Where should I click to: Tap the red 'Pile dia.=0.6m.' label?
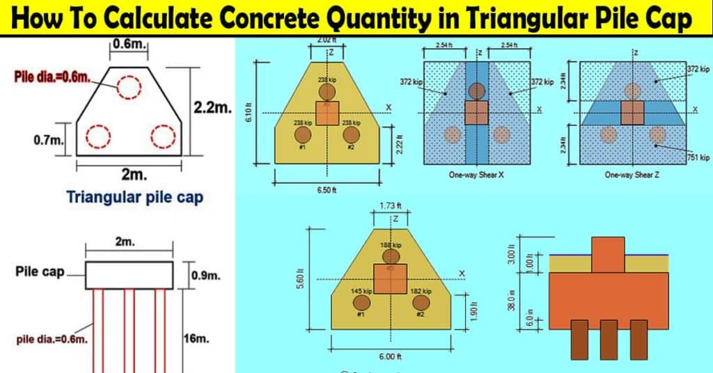[x=53, y=74]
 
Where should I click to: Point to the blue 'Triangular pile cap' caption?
[x=135, y=197]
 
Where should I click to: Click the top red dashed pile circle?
[x=129, y=87]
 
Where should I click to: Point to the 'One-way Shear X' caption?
[x=477, y=175]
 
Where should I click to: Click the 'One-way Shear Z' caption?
[x=632, y=175]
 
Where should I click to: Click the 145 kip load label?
[x=360, y=292]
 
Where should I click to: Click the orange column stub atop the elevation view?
[x=608, y=255]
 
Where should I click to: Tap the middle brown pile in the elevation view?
[x=609, y=339]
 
